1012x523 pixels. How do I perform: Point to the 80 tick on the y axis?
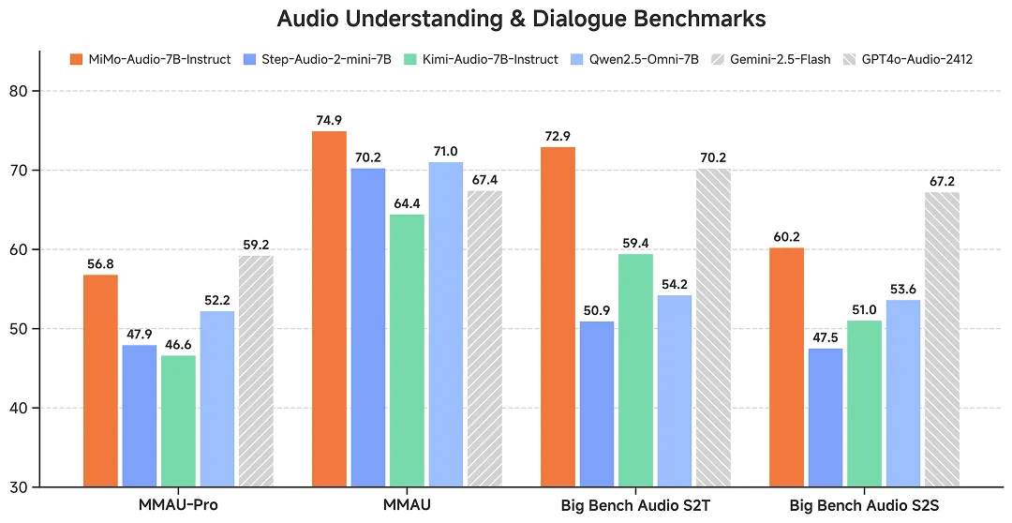[18, 91]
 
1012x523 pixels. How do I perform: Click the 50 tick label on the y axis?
[18, 329]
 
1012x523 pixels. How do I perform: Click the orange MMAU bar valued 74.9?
[329, 308]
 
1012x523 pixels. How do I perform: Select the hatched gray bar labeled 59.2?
[256, 371]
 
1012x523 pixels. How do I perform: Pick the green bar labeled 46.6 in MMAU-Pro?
[178, 421]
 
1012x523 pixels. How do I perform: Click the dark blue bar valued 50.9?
[596, 404]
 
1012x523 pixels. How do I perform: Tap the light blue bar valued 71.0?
[446, 324]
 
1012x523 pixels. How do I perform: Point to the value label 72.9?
[558, 138]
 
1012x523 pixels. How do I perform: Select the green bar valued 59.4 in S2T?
[635, 370]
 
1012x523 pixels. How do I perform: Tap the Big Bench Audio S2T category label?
[635, 506]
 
